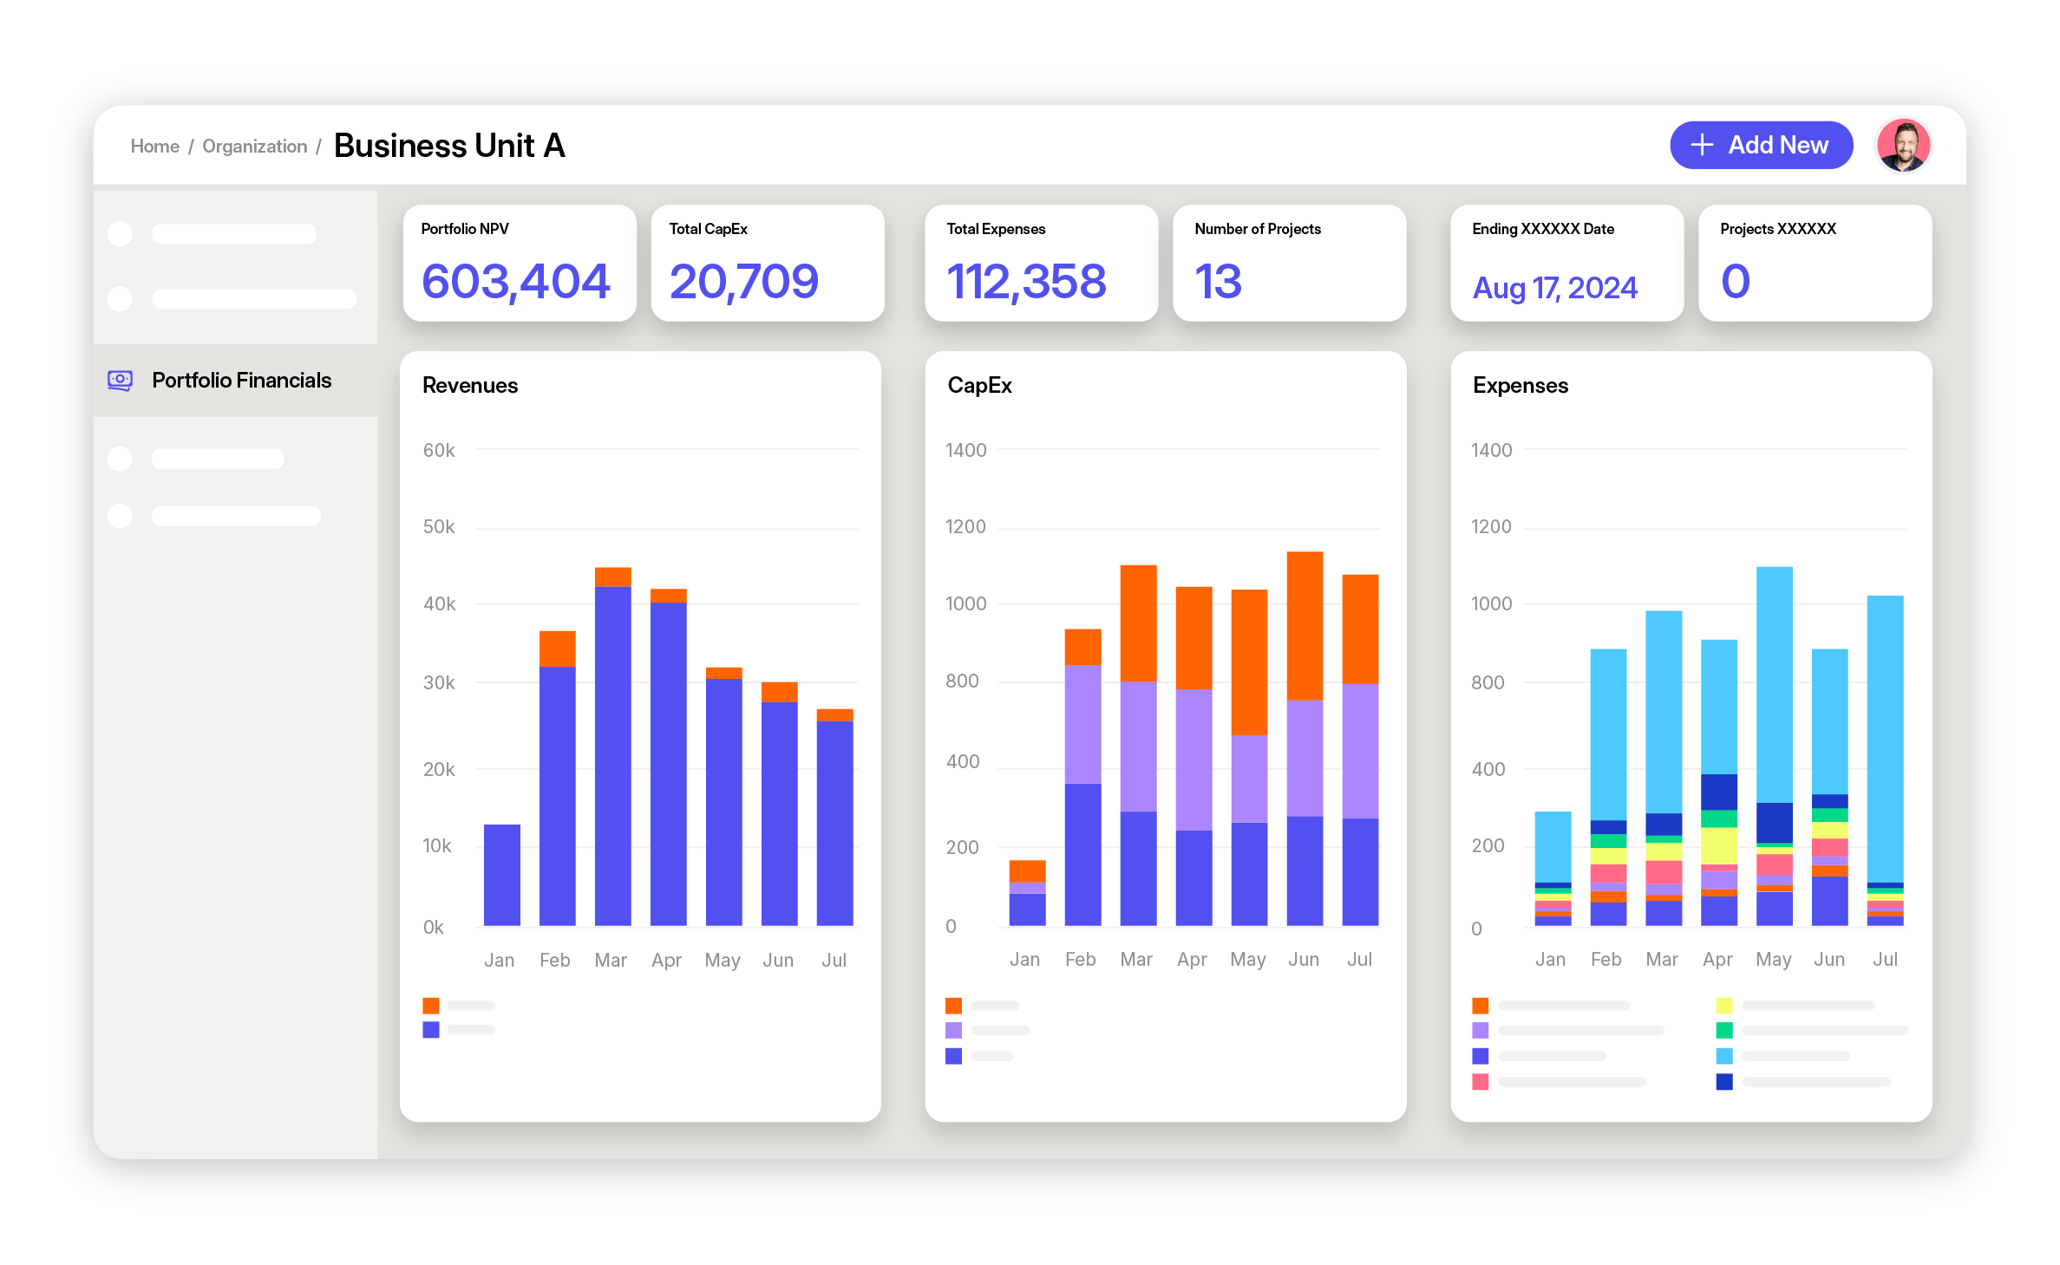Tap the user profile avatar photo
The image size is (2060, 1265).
1902,146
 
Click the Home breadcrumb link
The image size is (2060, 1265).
154,147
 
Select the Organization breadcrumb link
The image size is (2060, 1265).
254,147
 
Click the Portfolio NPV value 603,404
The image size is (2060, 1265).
515,282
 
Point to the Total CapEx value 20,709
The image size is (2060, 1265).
743,282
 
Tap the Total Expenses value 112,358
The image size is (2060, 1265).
1026,282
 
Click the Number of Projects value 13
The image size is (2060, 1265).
1218,282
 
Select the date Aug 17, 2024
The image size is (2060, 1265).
1554,288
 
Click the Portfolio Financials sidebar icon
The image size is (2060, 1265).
120,381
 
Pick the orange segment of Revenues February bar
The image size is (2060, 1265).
557,649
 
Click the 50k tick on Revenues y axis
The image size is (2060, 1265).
438,527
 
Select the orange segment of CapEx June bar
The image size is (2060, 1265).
1304,625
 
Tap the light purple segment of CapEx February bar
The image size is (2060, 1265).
1082,724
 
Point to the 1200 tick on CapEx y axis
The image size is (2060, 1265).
965,527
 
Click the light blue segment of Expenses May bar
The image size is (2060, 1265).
1774,684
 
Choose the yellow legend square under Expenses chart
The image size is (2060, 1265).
1723,1006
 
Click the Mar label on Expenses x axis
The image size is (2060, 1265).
1661,960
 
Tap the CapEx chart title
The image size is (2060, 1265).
979,386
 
